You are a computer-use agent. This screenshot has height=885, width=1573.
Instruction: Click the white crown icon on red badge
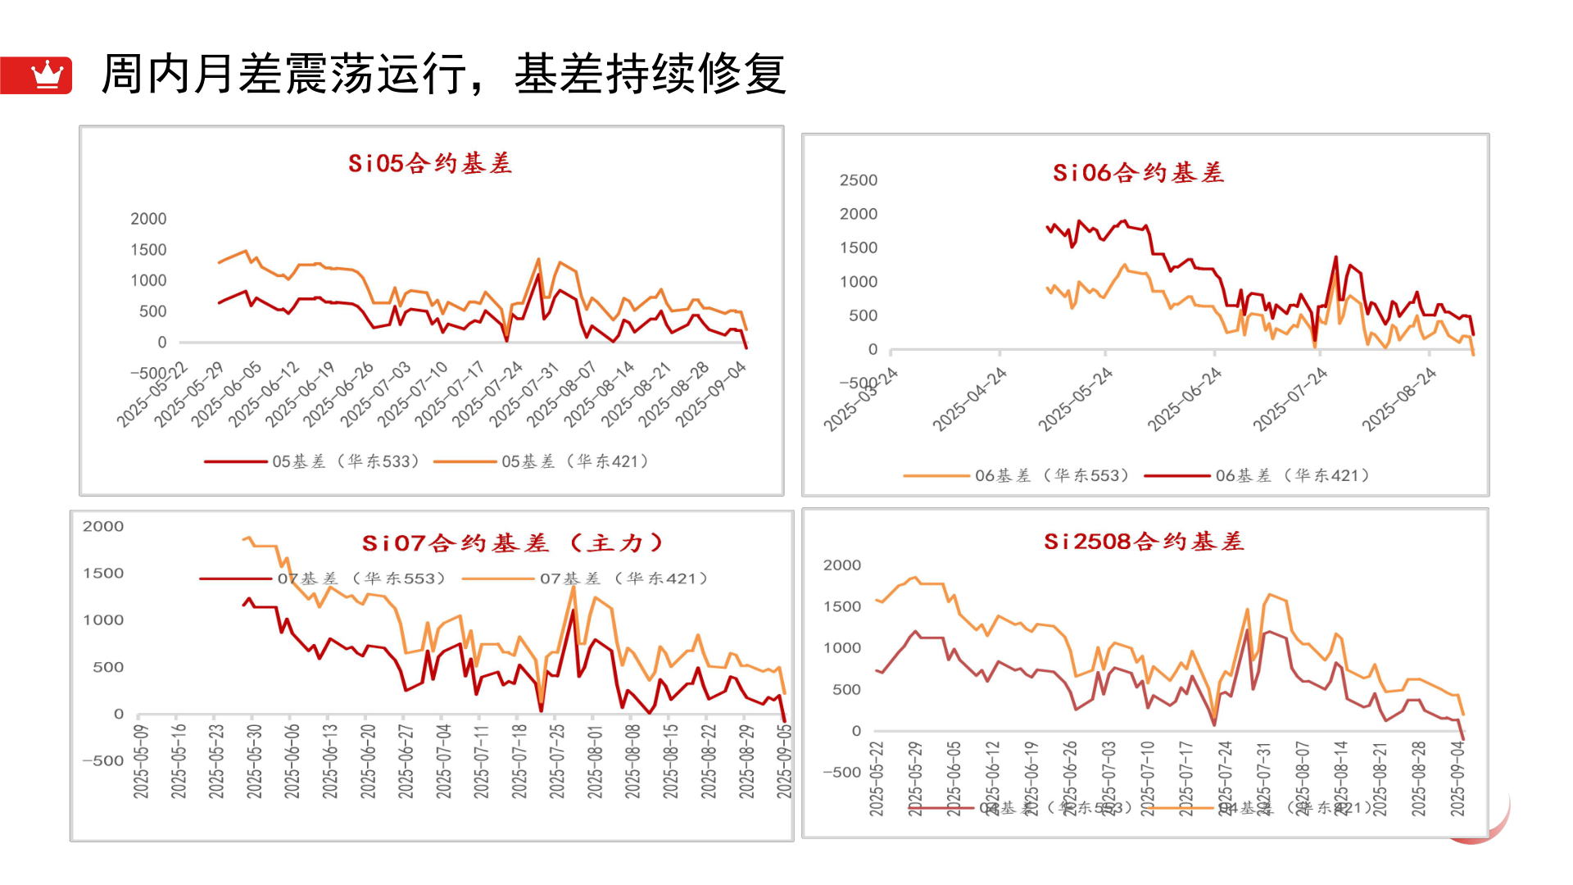pyautogui.click(x=47, y=75)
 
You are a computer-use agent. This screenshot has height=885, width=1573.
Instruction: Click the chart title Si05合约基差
pyautogui.click(x=430, y=163)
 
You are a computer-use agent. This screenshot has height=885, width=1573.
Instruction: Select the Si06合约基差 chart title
pyautogui.click(x=1138, y=173)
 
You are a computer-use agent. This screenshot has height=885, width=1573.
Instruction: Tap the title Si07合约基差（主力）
pyautogui.click(x=513, y=543)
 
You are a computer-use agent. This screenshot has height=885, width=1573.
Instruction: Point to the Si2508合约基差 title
pyautogui.click(x=1144, y=542)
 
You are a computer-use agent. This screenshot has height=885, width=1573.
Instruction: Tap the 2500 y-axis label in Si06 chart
pyautogui.click(x=858, y=180)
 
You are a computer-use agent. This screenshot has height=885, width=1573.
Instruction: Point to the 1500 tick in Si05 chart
pyautogui.click(x=148, y=250)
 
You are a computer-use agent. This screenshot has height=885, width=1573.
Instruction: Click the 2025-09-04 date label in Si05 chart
pyautogui.click(x=712, y=393)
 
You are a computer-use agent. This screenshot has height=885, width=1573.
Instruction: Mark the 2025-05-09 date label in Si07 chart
pyautogui.click(x=141, y=760)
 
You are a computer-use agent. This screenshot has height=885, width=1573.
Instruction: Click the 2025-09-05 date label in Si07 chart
pyautogui.click(x=784, y=760)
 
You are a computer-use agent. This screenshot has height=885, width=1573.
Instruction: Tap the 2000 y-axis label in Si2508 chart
pyautogui.click(x=841, y=565)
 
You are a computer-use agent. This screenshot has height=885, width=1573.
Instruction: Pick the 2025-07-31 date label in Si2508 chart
pyautogui.click(x=1264, y=778)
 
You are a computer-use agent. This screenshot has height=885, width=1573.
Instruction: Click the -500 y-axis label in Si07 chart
pyautogui.click(x=102, y=760)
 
